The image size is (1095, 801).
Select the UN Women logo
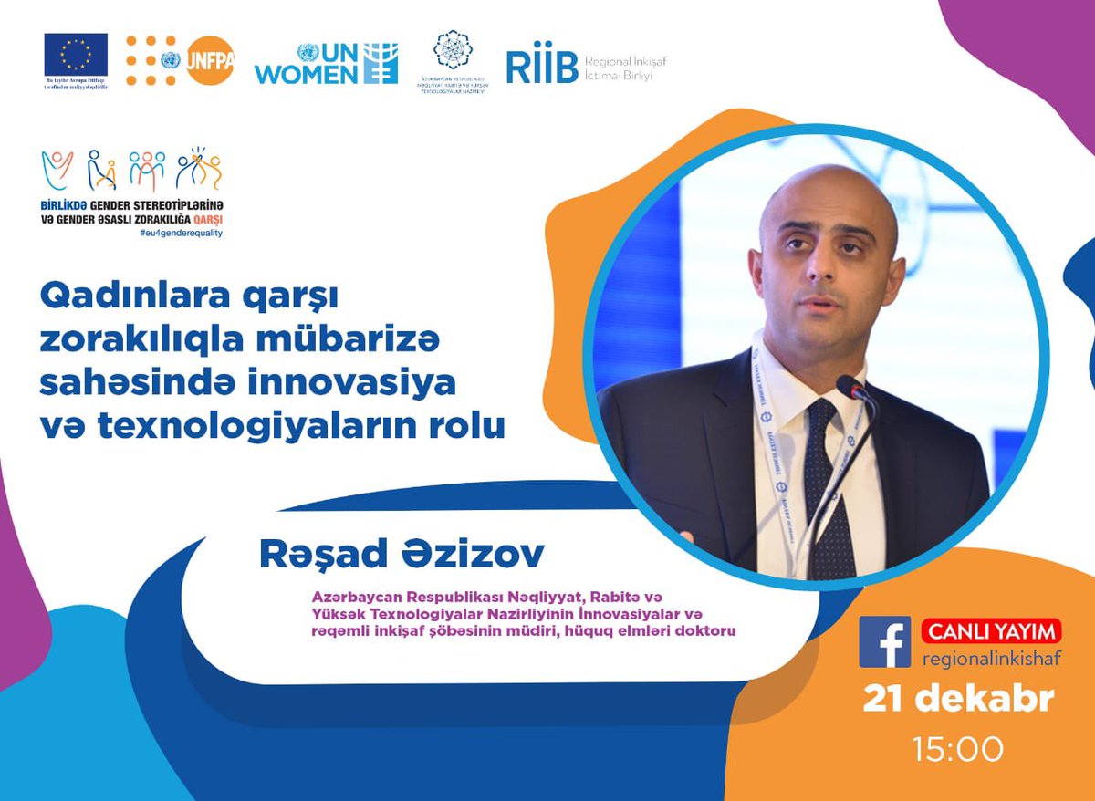[x=326, y=62]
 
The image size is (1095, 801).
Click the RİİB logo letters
[x=541, y=67]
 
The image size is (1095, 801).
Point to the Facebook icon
[x=884, y=641]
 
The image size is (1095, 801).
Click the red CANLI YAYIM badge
[x=991, y=630]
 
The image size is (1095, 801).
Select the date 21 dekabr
[x=958, y=700]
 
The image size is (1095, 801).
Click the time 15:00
[x=958, y=749]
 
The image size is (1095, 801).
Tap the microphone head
[x=852, y=389]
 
